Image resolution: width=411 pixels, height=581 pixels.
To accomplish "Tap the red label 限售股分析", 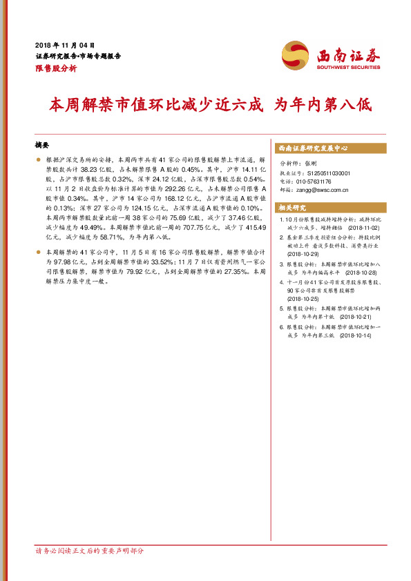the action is point(56,68).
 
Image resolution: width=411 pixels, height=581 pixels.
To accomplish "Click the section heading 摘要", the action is point(42,146).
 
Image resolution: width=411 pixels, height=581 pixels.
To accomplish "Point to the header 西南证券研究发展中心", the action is point(313,148).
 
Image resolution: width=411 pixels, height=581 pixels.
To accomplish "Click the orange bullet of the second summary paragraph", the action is point(39,253).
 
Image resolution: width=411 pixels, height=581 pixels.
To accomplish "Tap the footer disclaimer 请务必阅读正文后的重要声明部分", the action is point(90,550).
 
